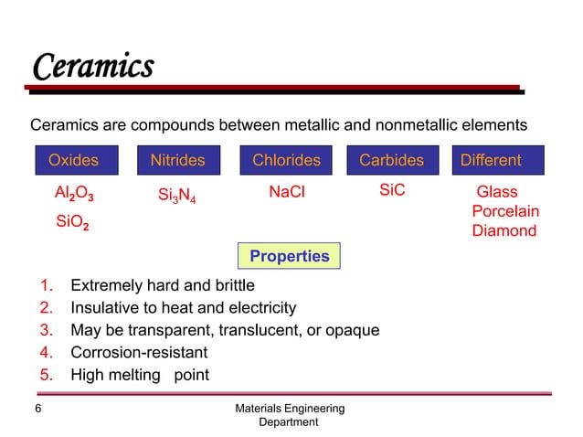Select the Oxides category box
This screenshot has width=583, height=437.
coord(74,161)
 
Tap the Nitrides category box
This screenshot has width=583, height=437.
coord(177,161)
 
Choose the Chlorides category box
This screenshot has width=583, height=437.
coord(287,161)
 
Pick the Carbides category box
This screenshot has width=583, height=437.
coord(391,161)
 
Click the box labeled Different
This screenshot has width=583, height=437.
coord(492,161)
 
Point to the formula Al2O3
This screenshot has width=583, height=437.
coord(75,195)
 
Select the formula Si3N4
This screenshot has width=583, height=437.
coord(177,196)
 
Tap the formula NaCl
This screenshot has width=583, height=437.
coord(286,192)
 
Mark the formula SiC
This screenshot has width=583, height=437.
coord(391,190)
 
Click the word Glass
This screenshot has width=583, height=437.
coord(497,192)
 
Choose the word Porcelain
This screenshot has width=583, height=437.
coord(505,211)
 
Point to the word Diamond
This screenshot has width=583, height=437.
coord(503,230)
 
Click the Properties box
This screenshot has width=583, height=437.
coord(290,257)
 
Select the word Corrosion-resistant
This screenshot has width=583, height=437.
coord(139,352)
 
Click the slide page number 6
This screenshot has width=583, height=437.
coord(37,410)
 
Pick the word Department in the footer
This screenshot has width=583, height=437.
coord(289,422)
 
